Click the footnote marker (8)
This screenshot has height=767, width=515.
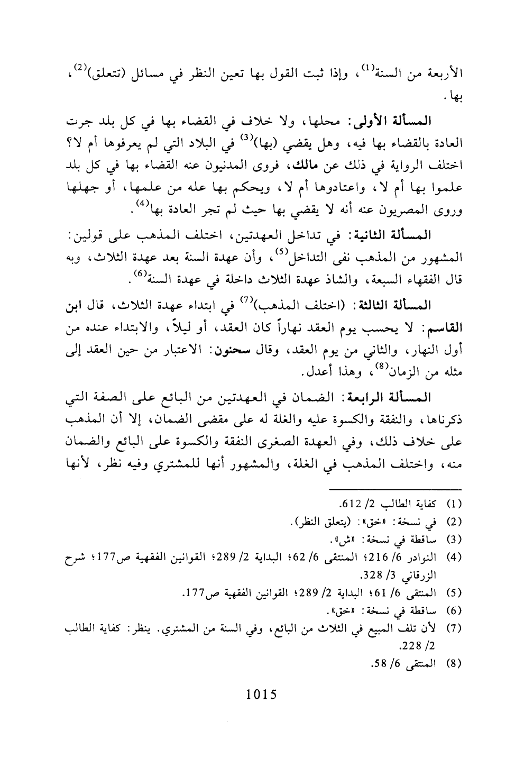[456, 662]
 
